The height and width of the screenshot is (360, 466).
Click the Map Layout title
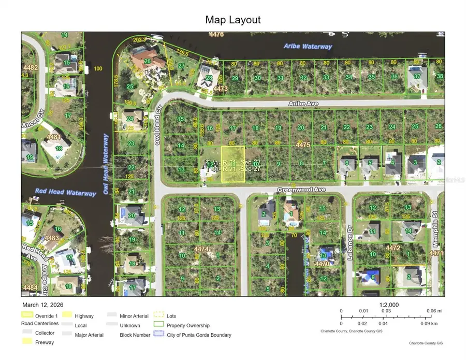tap(233, 20)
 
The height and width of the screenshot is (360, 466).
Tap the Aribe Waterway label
tap(308, 47)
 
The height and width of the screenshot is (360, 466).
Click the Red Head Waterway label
tap(65, 192)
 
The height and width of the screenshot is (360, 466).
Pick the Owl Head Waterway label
tap(106, 165)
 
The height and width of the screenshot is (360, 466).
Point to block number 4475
tap(302, 146)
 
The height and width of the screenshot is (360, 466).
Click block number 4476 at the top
tap(216, 35)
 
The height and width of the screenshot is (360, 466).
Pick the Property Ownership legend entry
tap(188, 325)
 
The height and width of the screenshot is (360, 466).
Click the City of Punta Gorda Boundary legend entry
tap(199, 335)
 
